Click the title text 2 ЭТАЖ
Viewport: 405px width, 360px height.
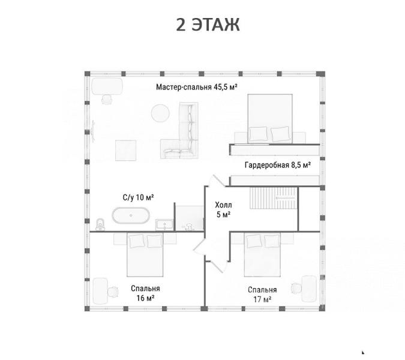coord(208,25)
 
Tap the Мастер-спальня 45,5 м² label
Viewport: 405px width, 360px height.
coord(197,87)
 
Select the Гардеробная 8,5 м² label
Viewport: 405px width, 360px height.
coord(278,165)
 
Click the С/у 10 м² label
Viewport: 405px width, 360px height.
coord(138,197)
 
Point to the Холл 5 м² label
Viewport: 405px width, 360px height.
coord(223,209)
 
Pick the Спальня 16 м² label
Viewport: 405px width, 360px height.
coord(145,293)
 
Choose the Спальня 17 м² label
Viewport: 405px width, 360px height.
coord(262,295)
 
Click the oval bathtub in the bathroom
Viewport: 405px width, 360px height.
coord(131,215)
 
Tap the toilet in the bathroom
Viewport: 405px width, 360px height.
coord(100,224)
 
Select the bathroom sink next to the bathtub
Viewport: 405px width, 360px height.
coord(164,224)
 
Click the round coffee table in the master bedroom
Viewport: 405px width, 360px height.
coord(160,113)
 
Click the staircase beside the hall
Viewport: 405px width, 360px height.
coord(274,198)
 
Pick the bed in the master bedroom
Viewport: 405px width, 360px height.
coord(270,119)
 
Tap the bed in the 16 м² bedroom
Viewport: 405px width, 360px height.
coord(145,254)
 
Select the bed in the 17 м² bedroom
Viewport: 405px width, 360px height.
coord(262,254)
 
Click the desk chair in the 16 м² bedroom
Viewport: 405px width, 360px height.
coord(113,292)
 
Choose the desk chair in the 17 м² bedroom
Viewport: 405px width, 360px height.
coord(296,288)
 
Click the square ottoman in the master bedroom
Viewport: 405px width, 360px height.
coord(125,151)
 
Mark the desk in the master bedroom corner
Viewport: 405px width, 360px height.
coord(107,86)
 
